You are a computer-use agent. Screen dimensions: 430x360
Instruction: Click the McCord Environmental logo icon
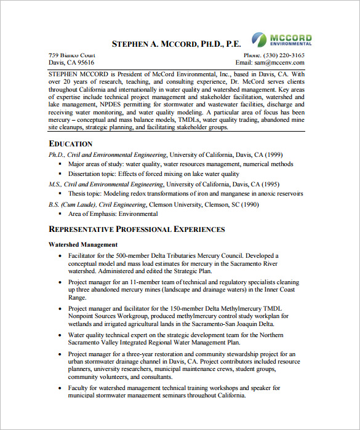click(260, 39)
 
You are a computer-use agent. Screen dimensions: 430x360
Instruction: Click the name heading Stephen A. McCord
click(176, 44)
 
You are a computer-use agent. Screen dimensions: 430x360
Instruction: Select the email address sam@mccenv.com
click(281, 62)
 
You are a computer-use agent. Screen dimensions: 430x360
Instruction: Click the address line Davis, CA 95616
click(71, 62)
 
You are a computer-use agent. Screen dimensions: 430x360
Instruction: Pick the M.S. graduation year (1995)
click(268, 184)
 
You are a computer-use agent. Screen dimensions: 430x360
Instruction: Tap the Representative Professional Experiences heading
click(137, 229)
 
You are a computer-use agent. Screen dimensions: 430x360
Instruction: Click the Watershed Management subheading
click(82, 245)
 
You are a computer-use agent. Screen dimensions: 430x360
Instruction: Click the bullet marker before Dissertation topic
click(60, 174)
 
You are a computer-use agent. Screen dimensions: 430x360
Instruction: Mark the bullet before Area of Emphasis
click(60, 214)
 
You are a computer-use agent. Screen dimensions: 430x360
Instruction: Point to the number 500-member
click(140, 255)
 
